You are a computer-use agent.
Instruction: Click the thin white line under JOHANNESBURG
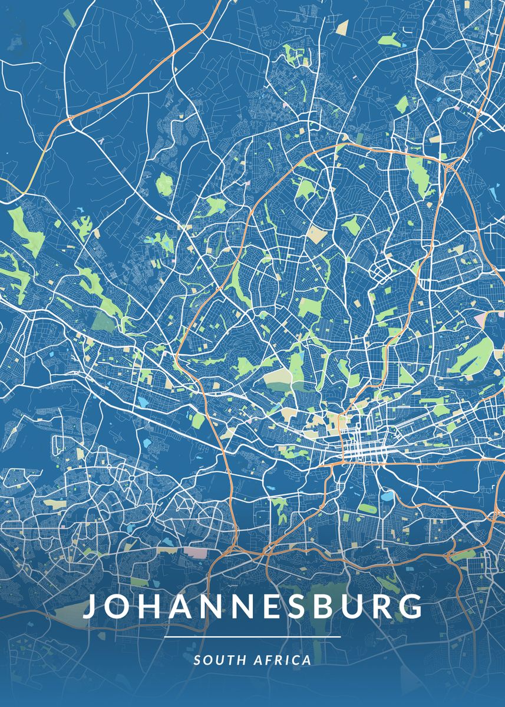(252, 637)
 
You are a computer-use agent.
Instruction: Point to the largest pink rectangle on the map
(196, 552)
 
